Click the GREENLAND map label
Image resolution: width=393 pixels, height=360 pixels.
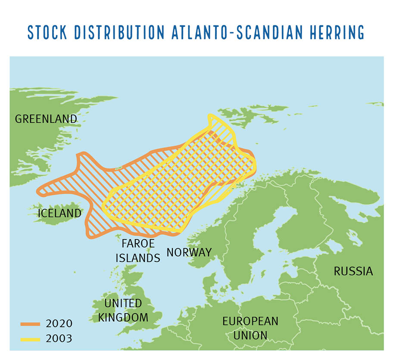46,118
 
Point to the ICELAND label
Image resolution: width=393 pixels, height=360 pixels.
59,213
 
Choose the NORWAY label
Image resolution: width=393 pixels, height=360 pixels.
189,252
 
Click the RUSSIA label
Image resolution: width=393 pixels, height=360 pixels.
353,271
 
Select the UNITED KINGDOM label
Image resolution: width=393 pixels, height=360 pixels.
123,310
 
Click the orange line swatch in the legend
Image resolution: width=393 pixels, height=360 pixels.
30,323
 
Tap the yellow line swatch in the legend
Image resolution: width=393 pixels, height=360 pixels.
30,338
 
